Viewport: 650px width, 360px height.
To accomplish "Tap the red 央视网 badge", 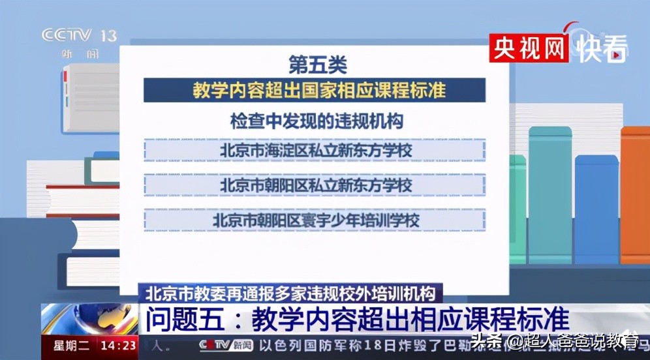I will [x=529, y=47].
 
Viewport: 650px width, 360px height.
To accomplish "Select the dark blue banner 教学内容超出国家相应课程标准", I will [x=315, y=90].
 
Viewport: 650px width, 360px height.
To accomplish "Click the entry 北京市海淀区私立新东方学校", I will [x=315, y=150].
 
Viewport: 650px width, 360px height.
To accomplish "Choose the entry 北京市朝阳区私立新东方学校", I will [x=315, y=185].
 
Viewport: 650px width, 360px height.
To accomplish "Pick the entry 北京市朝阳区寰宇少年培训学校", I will [x=315, y=220].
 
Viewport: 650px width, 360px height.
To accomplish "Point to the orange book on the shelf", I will [x=634, y=196].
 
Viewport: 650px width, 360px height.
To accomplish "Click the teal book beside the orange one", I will [x=549, y=196].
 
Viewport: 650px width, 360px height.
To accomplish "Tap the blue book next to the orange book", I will [x=596, y=209].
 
